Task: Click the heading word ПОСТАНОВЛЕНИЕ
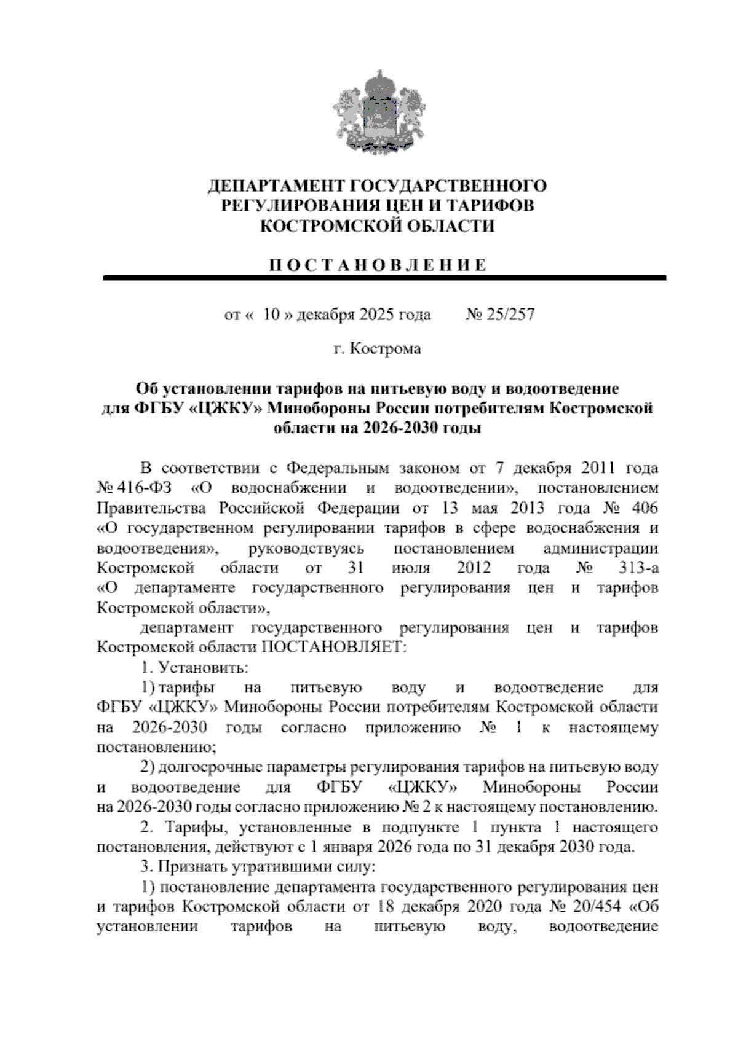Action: (378, 265)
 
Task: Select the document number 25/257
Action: (509, 315)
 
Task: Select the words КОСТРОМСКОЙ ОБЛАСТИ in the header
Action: (378, 226)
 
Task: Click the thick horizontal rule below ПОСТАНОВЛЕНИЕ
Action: (384, 278)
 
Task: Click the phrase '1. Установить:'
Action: (194, 667)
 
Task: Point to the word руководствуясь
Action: (306, 548)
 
